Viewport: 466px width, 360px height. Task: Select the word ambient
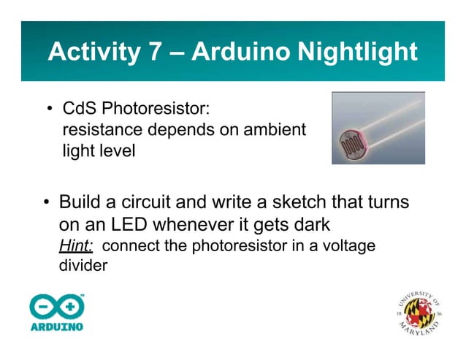point(268,131)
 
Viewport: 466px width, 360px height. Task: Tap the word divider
point(83,265)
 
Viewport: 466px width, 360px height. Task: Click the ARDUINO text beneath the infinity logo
point(56,326)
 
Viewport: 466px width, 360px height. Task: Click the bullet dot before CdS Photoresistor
point(50,111)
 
